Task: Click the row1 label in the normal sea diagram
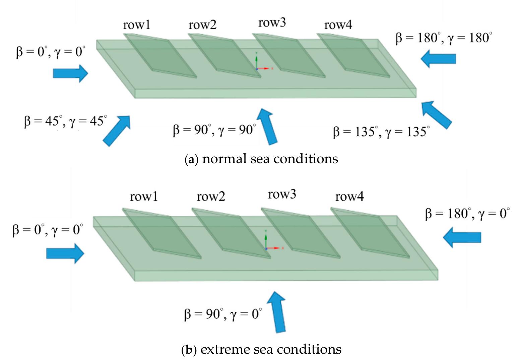click(136, 25)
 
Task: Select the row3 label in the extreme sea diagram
click(282, 195)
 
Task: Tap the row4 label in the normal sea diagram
click(338, 25)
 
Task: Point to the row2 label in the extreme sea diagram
click(211, 196)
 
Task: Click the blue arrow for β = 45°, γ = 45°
click(116, 130)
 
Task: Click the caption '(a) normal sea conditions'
click(261, 159)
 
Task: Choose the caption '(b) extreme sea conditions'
click(261, 350)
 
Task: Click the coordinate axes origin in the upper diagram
click(257, 69)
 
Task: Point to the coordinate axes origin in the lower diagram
click(266, 248)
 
